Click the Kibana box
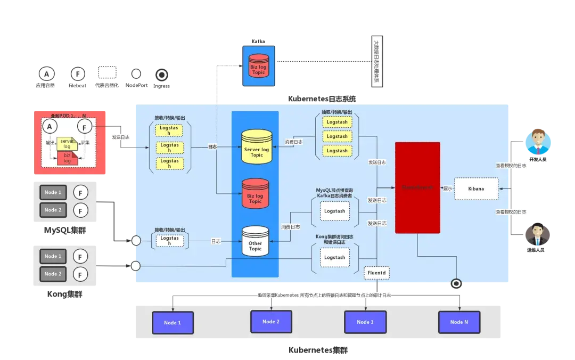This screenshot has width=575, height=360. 476,189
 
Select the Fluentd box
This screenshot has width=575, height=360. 377,273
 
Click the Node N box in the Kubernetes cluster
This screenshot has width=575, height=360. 459,322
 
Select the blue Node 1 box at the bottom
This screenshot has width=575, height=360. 172,323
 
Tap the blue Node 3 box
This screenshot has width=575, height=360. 365,322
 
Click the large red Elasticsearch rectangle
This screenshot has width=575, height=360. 417,187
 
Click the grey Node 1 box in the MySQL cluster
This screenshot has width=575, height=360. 52,192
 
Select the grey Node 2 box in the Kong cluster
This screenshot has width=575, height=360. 52,274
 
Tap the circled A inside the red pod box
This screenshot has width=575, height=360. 50,126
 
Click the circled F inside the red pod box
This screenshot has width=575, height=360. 85,126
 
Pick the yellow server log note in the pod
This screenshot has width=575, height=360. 67,143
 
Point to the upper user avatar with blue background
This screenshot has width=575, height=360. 538,142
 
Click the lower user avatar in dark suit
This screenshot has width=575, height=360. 536,235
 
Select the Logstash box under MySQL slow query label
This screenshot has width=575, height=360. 334,211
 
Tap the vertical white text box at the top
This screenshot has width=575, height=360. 376,61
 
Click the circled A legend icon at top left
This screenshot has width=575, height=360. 46,73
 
